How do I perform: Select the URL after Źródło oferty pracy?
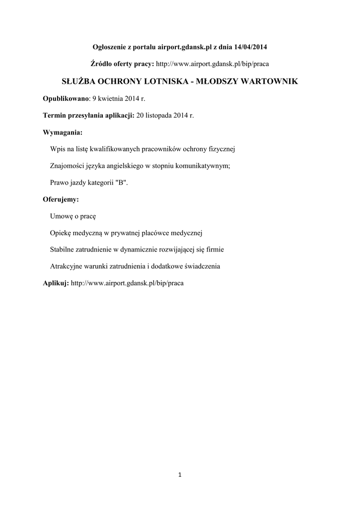(x=213, y=64)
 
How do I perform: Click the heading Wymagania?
(x=63, y=132)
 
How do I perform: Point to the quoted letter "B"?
(x=121, y=182)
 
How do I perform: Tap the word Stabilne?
(x=63, y=249)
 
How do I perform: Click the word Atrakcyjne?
(x=66, y=266)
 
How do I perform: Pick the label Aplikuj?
(x=56, y=283)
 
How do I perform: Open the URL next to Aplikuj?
(x=128, y=283)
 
